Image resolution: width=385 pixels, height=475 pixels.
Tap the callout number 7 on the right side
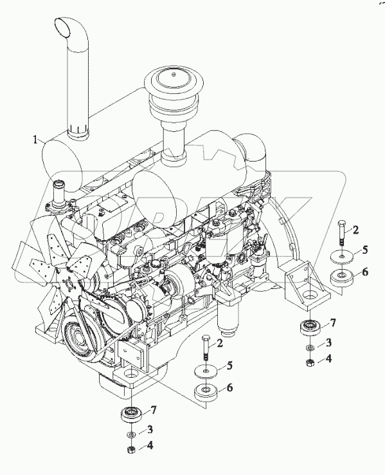(332, 323)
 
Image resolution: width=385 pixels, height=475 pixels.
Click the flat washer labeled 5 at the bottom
(206, 372)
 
